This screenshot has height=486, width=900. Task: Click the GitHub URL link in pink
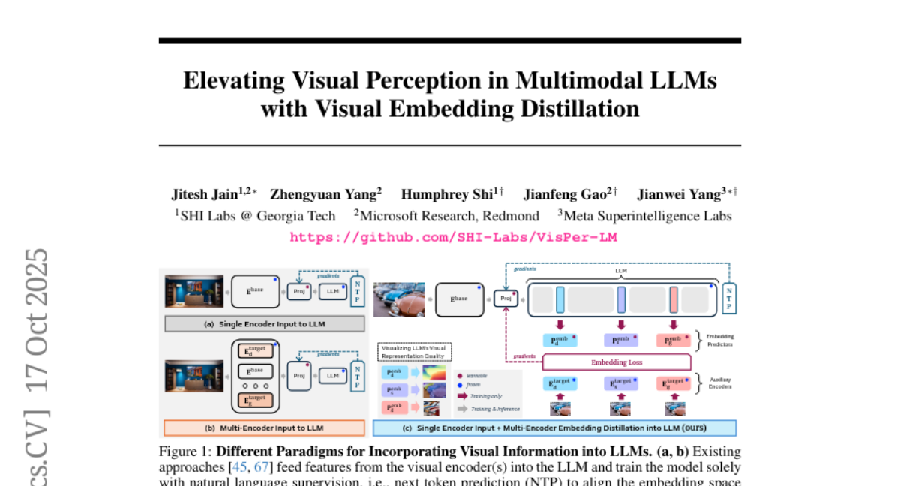tap(453, 237)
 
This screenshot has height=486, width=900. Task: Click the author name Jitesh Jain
tap(204, 195)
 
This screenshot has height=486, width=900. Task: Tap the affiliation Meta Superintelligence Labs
tap(649, 216)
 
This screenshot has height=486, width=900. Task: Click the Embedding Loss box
tap(616, 361)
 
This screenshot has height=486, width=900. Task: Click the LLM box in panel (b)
tap(332, 374)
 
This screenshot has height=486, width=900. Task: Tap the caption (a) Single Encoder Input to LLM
tap(265, 324)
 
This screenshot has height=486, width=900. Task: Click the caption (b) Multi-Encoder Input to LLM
tap(265, 428)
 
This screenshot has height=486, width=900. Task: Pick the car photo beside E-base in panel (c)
tap(399, 298)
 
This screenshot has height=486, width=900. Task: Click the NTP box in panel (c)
tap(728, 298)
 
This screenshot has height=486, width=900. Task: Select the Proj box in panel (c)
tap(506, 298)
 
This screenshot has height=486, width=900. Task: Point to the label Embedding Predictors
tap(719, 340)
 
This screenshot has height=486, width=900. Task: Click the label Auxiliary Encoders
tap(719, 384)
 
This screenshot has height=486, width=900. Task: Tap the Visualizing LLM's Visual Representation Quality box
tap(413, 352)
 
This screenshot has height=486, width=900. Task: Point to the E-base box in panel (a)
tap(256, 292)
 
